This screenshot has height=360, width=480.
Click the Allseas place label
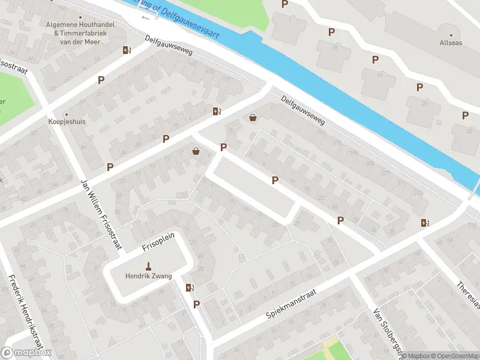[450, 43]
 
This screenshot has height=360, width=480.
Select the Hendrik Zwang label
[148, 276]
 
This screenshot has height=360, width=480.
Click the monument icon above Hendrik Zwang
[148, 266]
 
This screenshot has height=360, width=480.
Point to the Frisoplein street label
[158, 241]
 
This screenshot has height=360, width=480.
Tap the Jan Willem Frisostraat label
[101, 213]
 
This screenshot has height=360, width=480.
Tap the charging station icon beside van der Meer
[127, 50]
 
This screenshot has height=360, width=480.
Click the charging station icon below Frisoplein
[190, 288]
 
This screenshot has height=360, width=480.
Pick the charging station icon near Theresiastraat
[425, 223]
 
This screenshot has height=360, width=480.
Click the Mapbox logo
[26, 353]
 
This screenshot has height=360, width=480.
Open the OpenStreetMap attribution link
[454, 356]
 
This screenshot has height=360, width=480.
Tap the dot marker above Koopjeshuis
[66, 113]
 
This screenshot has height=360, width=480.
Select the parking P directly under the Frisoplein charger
[196, 305]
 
